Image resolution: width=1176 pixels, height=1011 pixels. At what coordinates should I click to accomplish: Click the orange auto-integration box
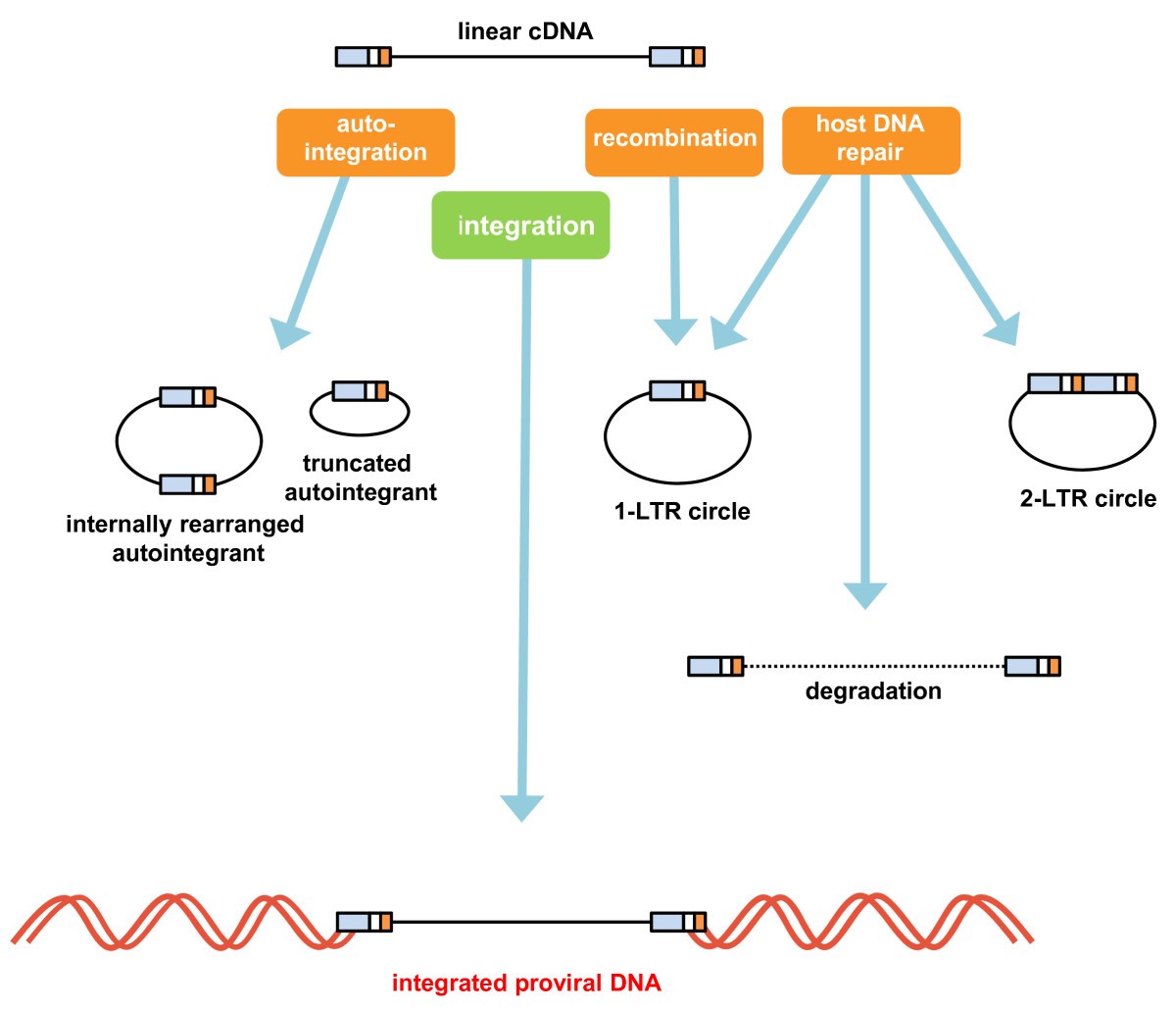coord(366,142)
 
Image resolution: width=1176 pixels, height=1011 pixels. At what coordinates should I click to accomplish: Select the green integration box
coord(520,226)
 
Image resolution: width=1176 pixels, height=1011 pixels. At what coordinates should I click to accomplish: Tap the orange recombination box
coord(674,142)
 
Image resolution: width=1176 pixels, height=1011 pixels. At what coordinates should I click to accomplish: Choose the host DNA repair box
coord(870,140)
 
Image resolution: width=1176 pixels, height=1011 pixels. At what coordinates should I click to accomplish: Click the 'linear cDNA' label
coord(525,31)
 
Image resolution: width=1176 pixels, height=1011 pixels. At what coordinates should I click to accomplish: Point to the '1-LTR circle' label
coord(682,511)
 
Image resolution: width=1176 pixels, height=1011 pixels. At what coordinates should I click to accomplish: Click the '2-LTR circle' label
coord(1088,498)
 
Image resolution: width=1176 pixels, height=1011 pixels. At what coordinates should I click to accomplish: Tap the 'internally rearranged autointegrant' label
coord(185,538)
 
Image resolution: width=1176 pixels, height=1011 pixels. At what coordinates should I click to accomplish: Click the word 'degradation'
coord(873,691)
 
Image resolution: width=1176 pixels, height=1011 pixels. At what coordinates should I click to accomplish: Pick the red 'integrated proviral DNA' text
coord(526,983)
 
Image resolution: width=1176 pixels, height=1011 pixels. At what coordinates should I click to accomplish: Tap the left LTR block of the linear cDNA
coord(364,56)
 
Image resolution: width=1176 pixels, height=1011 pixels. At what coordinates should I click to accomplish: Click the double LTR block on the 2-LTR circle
coord(1083,382)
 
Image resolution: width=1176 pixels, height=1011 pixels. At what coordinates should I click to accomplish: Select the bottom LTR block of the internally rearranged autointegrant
coord(187,483)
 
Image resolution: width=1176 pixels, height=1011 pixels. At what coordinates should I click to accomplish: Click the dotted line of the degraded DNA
coord(874,667)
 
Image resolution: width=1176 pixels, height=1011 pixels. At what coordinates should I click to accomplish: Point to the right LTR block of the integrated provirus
coord(678,922)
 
